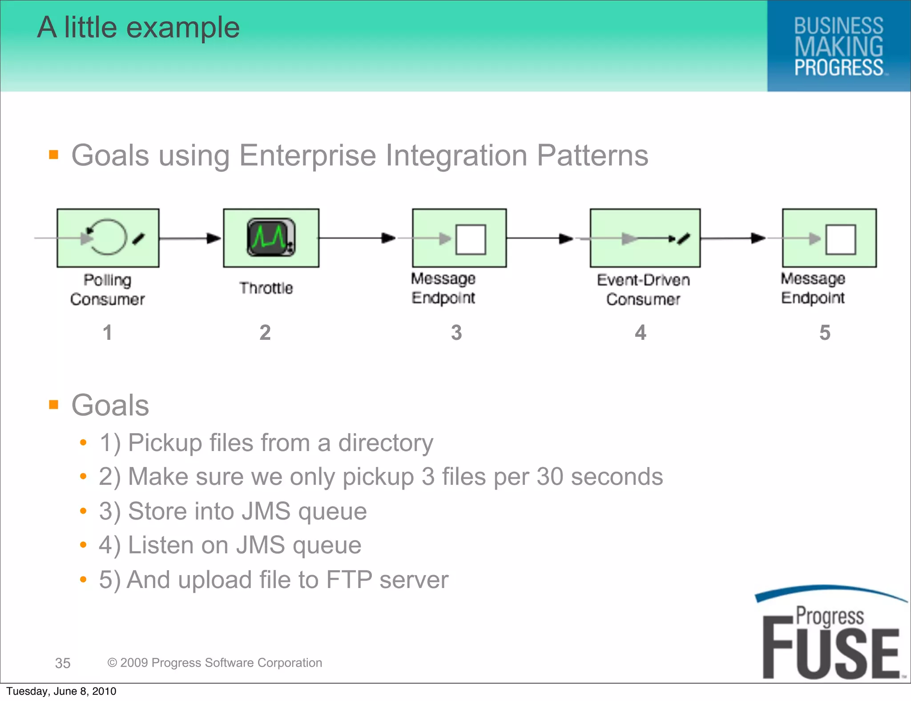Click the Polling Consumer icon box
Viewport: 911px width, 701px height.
click(108, 238)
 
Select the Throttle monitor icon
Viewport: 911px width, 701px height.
click(271, 238)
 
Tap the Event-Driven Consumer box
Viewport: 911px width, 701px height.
click(645, 238)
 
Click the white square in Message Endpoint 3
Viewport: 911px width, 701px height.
click(471, 239)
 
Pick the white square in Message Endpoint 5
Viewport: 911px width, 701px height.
click(840, 239)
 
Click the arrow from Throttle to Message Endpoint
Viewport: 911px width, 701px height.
click(357, 238)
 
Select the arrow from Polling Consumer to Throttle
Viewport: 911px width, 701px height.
click(190, 238)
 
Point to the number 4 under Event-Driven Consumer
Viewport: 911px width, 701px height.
click(640, 332)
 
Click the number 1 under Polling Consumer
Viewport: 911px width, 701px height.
click(107, 332)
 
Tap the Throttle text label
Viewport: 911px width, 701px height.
click(266, 288)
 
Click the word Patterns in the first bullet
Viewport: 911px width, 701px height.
click(592, 155)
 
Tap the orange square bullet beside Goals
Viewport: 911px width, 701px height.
click(54, 404)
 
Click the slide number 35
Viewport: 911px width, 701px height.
click(63, 663)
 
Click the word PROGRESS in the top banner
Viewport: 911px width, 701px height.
click(838, 68)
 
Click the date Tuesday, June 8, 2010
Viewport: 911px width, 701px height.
click(61, 691)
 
